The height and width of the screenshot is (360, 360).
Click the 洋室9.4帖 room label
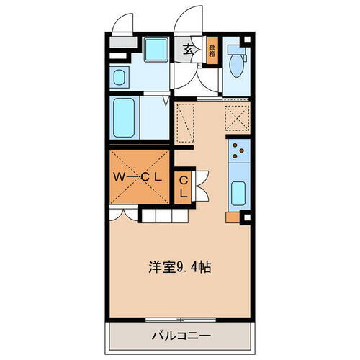[x=180, y=265]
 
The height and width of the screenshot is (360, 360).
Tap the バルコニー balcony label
[x=180, y=336]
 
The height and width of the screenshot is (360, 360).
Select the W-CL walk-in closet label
[x=140, y=175]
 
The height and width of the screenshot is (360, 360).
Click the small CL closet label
[x=184, y=186]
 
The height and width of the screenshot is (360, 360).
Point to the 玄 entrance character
[x=187, y=50]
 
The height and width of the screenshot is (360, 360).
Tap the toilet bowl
[x=235, y=65]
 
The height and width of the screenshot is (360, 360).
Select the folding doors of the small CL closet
[x=200, y=186]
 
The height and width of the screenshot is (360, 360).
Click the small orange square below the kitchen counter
[x=231, y=216]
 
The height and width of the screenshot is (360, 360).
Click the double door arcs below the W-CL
[x=123, y=213]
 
